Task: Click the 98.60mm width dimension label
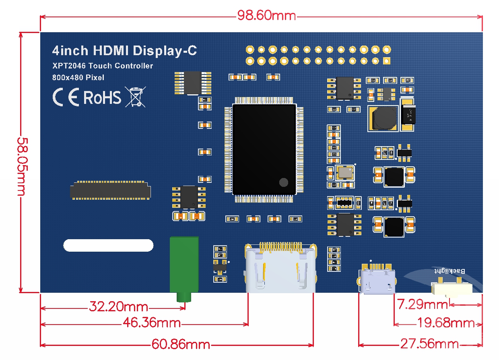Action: pyautogui.click(x=266, y=16)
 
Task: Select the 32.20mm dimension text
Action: pyautogui.click(x=118, y=307)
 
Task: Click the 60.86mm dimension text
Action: pyautogui.click(x=181, y=344)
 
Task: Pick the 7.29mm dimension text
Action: pyautogui.click(x=422, y=304)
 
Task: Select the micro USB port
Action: pyautogui.click(x=377, y=281)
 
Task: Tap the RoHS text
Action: pyautogui.click(x=102, y=97)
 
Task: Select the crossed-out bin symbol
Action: pyautogui.click(x=136, y=97)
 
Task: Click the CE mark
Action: pyautogui.click(x=66, y=97)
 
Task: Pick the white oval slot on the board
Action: pyautogui.click(x=108, y=245)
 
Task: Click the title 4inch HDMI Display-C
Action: pyautogui.click(x=125, y=51)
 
